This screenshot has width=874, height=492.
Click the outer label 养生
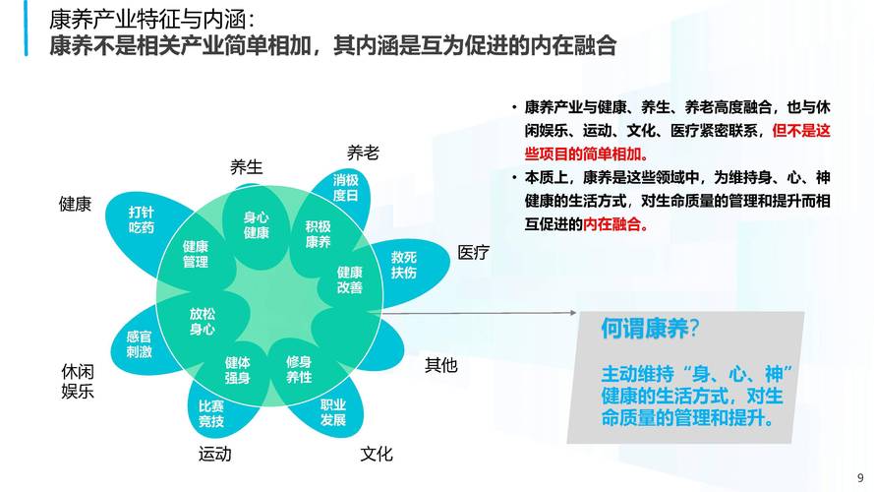coord(247,167)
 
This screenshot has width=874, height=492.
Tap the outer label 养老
coord(363,153)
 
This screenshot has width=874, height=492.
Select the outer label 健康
coord(76,205)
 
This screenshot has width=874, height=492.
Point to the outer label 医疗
coord(473,253)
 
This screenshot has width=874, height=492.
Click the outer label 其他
coord(441,365)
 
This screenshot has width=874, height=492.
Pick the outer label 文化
coord(377,454)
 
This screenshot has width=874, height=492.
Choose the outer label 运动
coord(214,454)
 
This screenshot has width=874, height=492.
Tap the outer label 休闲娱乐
coord(78,382)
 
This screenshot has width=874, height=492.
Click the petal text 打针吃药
coord(142,219)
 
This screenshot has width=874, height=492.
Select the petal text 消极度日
coord(346,188)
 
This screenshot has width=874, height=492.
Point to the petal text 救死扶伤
coord(404,264)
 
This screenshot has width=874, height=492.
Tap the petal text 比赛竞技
coord(211,414)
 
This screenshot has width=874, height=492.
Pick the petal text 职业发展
coord(333,412)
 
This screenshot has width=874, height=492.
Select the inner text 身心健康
coord(257,225)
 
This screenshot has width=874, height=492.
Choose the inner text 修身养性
coord(299,369)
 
